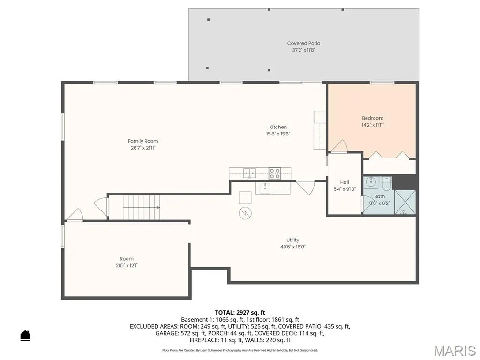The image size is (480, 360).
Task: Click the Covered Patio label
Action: point(303,43)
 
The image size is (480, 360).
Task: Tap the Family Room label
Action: point(143,141)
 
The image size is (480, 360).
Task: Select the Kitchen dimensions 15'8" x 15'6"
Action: point(278,134)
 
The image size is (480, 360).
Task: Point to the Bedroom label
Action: point(373,118)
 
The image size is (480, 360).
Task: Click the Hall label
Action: point(345,182)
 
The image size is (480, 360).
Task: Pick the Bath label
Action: point(379,196)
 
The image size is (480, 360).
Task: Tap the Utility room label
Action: point(292,240)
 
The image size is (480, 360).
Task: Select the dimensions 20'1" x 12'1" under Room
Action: point(127,265)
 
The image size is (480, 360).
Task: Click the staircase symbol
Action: point(142,207)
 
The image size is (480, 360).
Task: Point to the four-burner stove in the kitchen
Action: point(275,173)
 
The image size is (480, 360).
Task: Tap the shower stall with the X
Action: point(405,202)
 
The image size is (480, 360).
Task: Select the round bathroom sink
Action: point(371,182)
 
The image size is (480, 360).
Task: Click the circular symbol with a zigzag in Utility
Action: point(245,213)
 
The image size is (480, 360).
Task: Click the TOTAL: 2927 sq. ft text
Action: point(240,313)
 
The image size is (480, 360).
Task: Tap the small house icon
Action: point(25,335)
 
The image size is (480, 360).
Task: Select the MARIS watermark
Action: point(454,351)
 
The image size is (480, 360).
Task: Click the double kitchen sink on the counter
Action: point(249,173)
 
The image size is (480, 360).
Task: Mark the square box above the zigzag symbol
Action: point(245,198)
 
